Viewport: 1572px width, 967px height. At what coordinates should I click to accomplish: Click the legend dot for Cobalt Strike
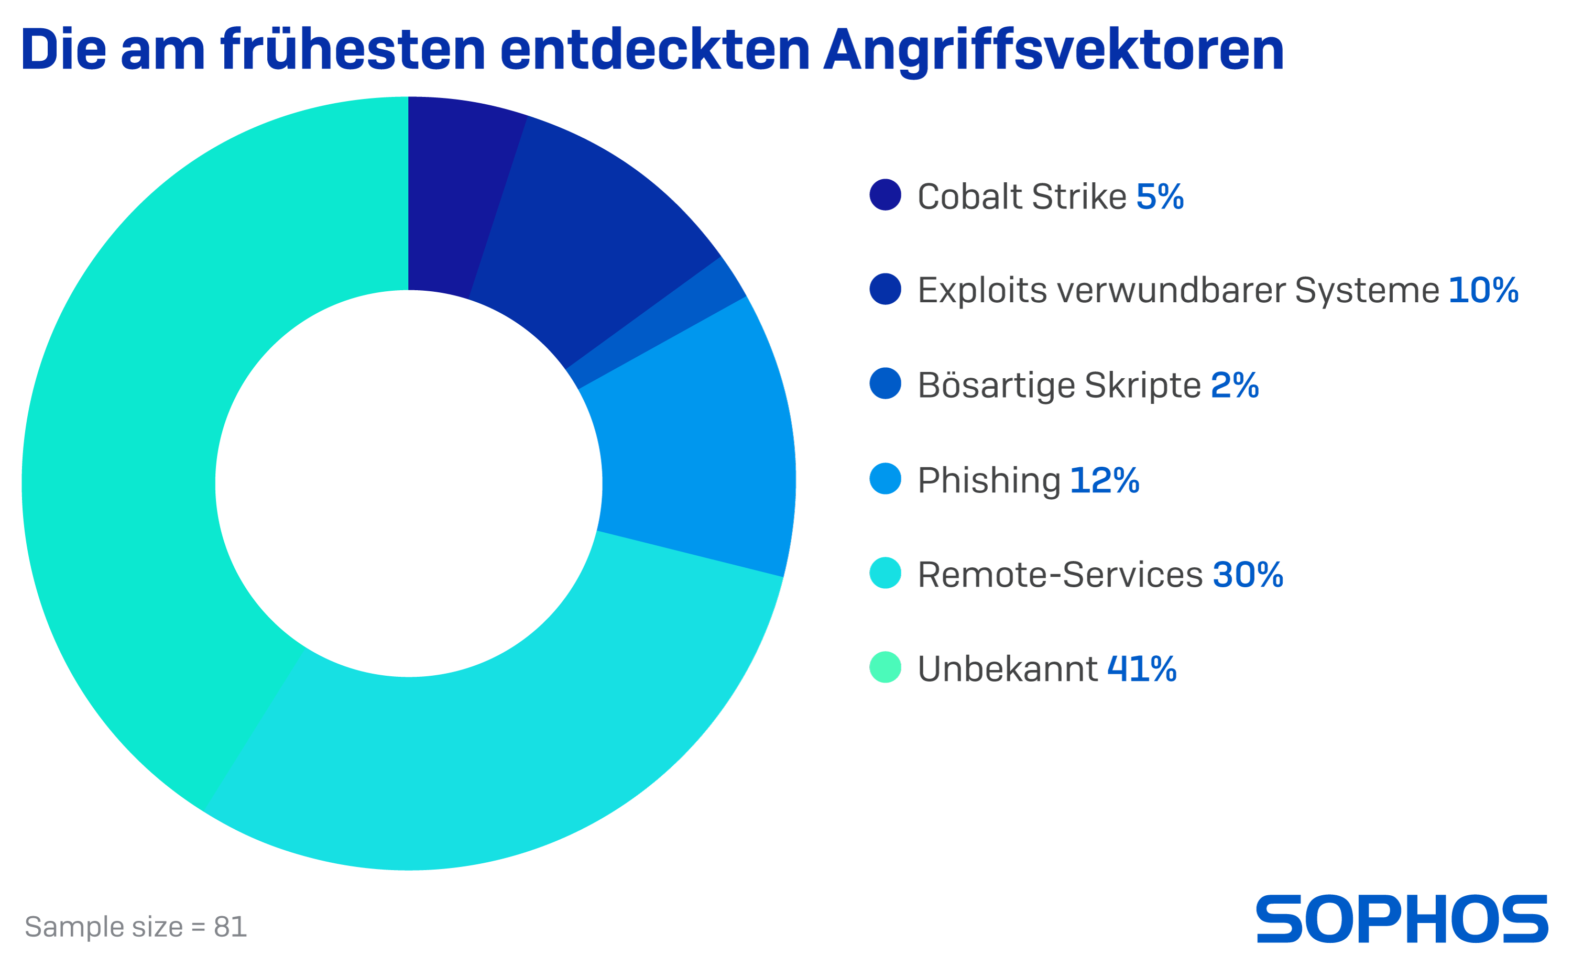point(885,195)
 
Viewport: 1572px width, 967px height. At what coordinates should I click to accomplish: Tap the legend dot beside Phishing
point(885,479)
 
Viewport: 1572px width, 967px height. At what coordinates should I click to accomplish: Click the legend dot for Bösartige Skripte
point(885,384)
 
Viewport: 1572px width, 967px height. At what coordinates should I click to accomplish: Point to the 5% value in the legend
point(1160,196)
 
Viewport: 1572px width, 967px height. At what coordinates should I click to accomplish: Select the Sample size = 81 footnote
point(136,927)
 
